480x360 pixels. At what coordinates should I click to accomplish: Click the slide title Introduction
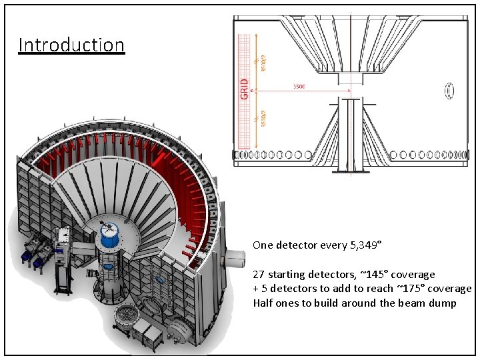point(71,45)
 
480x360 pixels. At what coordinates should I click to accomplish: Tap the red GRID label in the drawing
point(244,90)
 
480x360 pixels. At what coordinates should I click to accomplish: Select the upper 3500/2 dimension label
point(263,63)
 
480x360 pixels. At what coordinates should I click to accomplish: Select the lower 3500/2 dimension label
point(263,118)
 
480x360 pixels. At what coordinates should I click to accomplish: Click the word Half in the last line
point(263,303)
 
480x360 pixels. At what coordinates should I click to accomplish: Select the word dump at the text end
point(443,303)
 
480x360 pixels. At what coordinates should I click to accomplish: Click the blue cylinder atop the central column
point(107,231)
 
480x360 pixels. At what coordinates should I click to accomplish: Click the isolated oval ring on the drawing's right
point(449,89)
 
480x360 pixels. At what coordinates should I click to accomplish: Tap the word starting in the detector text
point(291,275)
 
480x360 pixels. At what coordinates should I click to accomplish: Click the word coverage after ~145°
point(414,275)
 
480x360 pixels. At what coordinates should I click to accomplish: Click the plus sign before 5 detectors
point(256,289)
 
